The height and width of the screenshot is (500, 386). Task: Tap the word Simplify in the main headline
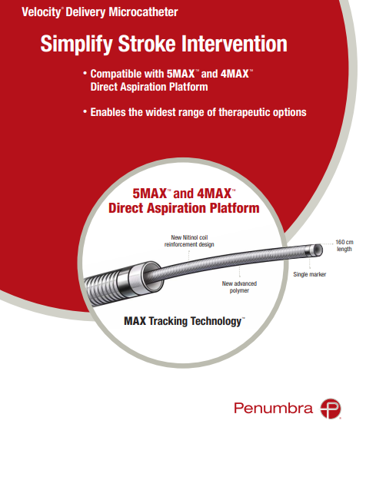(x=76, y=44)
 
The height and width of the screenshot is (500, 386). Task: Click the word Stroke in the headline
(x=147, y=43)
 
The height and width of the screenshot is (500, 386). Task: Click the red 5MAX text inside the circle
(x=149, y=194)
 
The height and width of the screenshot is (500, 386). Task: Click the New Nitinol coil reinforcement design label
(x=189, y=240)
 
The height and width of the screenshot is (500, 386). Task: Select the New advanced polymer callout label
(x=239, y=287)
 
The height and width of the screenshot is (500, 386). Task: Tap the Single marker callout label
(x=309, y=274)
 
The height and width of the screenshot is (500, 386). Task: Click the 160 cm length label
(x=344, y=246)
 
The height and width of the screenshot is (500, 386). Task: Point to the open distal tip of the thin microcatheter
(x=318, y=250)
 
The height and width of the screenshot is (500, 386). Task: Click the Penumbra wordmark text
(x=273, y=408)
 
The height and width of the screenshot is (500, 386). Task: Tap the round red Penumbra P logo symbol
(x=331, y=409)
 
